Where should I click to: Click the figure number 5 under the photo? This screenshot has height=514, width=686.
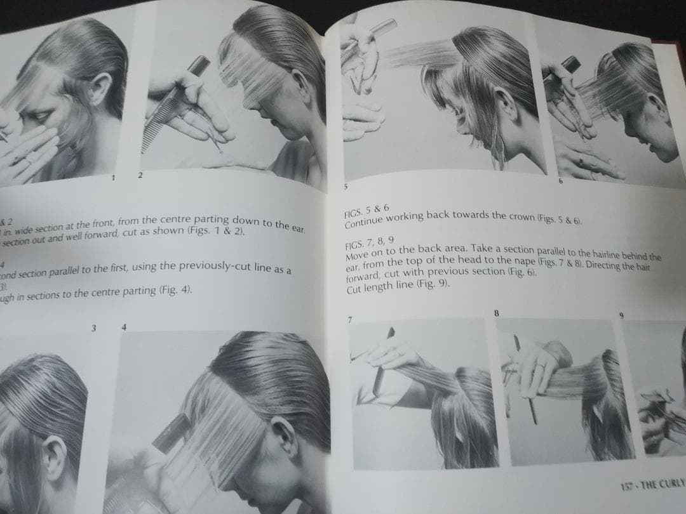click(346, 187)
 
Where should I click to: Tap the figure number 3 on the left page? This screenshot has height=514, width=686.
click(93, 327)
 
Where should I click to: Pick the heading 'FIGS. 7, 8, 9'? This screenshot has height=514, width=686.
click(369, 242)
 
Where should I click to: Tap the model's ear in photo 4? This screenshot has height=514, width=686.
click(283, 437)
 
